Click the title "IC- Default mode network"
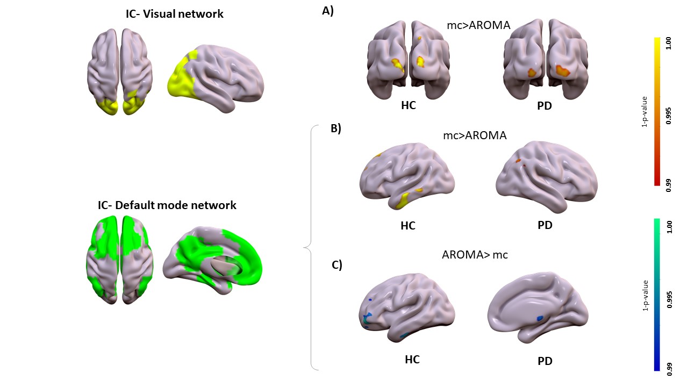click(x=167, y=205)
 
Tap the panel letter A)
click(x=328, y=10)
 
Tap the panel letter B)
click(x=335, y=128)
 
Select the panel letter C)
click(x=336, y=265)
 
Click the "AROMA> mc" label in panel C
click(x=475, y=255)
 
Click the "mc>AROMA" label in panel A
click(x=478, y=25)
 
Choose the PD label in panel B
click(x=545, y=225)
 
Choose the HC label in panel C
click(x=412, y=359)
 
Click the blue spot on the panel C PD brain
click(x=540, y=319)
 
